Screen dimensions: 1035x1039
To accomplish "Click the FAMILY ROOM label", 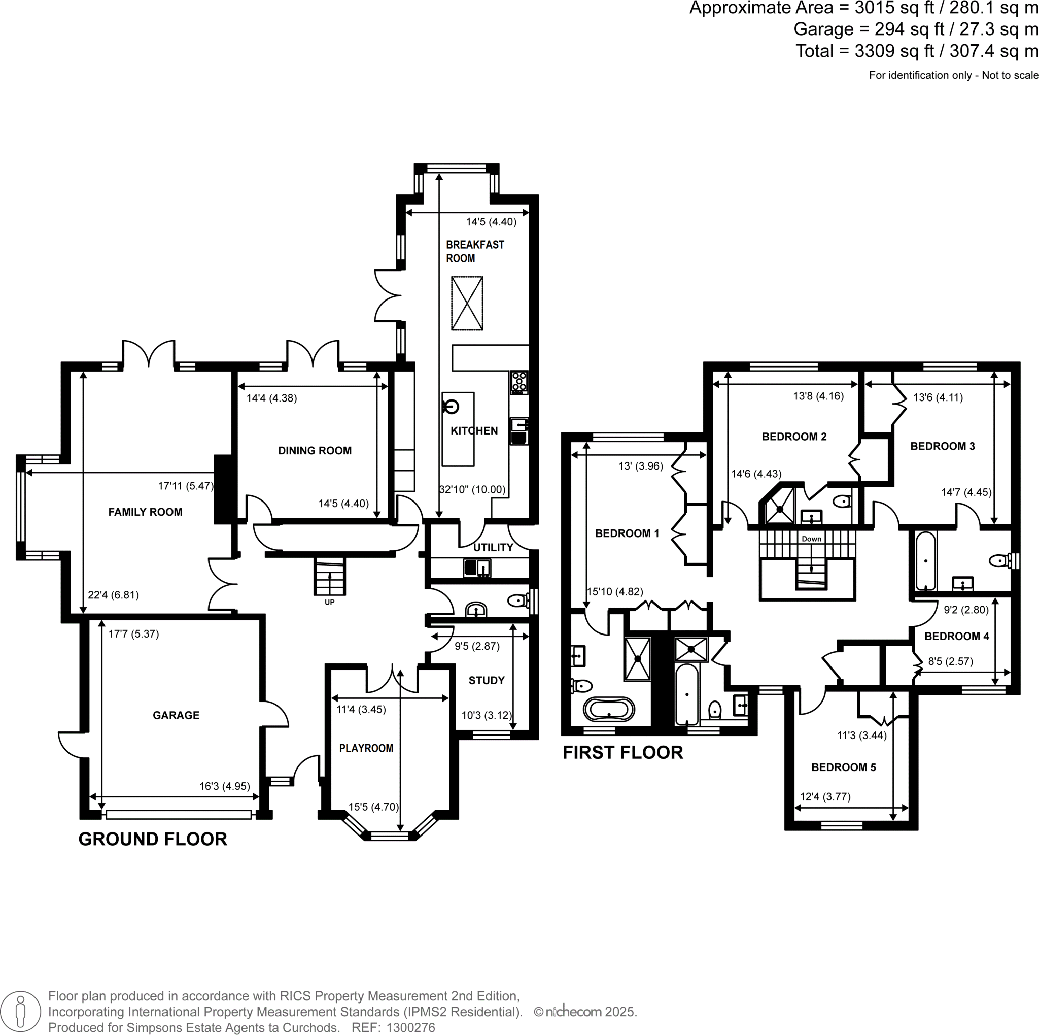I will coord(145,512).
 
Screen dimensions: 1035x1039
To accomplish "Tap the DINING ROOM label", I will coord(315,451).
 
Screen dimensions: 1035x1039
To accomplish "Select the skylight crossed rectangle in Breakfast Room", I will coord(467,304).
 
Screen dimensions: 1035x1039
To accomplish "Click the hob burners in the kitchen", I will coord(519,382).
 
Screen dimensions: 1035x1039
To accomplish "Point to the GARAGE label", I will coord(176,715).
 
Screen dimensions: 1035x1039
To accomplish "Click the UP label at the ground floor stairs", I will coord(330,602).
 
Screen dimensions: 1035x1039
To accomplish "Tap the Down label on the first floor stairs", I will coord(811,539).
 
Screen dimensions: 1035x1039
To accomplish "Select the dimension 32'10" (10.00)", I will coord(472,489).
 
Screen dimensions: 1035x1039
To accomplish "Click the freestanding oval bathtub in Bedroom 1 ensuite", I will coord(609,710).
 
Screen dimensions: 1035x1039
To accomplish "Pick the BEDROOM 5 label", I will coord(843,767).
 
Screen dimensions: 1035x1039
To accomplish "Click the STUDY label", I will coord(486,681).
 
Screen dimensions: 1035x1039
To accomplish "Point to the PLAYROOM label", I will coord(366,748).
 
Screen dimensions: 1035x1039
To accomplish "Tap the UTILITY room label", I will coord(493,548).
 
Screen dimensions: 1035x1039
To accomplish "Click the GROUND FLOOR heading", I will coord(153,839).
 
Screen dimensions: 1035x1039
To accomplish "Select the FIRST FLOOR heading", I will coord(622,753).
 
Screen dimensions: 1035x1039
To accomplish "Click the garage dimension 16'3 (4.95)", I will coord(225,786).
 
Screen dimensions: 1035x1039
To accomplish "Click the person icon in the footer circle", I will coord(20,1012).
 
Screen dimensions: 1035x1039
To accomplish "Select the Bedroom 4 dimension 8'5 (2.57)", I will coord(950,662).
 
